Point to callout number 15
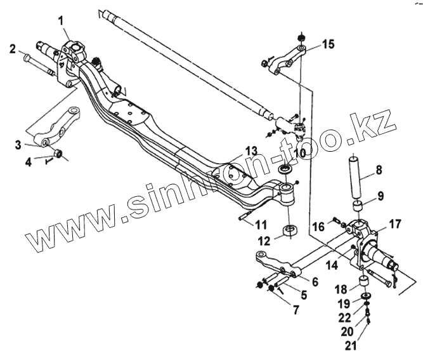click(x=327, y=44)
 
